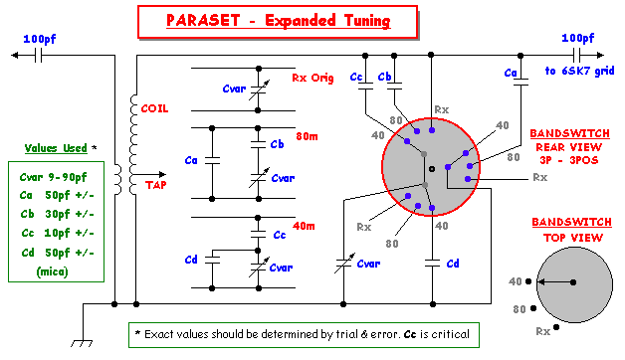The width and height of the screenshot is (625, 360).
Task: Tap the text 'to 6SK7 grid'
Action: point(578,72)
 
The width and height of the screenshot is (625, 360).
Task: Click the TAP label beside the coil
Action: point(158,185)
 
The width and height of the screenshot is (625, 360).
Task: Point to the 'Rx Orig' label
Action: point(312,78)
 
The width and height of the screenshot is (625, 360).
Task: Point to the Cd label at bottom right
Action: point(453,264)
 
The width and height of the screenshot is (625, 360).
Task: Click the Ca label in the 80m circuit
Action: point(191,159)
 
